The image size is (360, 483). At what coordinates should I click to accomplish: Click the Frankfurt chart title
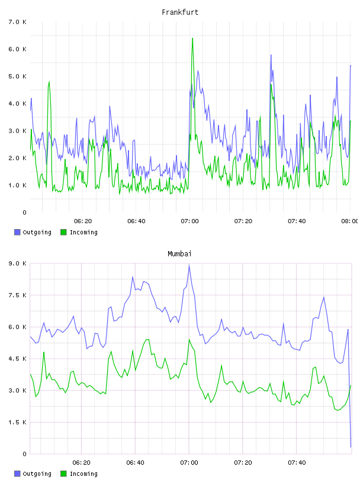tap(180, 12)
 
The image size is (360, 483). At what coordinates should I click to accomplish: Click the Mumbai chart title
tap(179, 254)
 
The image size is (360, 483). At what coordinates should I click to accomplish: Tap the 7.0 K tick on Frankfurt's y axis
tap(17, 22)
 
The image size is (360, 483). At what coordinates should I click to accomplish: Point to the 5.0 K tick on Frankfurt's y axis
tap(17, 76)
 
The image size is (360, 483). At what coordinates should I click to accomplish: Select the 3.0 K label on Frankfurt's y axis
tap(17, 131)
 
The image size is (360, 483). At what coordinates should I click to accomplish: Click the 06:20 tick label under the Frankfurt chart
tap(83, 221)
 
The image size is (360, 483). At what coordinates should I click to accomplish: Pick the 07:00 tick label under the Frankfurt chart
tap(190, 221)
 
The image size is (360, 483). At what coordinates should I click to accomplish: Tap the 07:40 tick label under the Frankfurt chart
tap(297, 221)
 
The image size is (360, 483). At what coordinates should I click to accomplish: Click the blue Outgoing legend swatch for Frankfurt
tap(17, 232)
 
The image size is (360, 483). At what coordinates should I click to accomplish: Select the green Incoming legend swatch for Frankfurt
tap(63, 232)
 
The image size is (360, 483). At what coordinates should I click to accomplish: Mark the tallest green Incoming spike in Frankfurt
tap(192, 38)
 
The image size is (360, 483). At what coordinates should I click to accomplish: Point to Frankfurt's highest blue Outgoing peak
tap(271, 55)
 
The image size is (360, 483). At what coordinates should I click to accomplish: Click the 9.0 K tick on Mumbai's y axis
tap(17, 263)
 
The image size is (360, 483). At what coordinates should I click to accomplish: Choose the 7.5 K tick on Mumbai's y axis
tap(17, 295)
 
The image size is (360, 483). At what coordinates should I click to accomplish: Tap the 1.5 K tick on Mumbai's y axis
tap(17, 422)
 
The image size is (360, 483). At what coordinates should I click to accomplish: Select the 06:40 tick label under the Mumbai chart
tap(136, 463)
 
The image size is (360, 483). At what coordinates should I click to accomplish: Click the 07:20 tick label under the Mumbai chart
tap(243, 463)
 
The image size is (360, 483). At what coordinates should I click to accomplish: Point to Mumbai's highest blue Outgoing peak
tap(189, 265)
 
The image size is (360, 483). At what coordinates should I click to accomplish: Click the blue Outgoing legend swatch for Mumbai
tap(17, 474)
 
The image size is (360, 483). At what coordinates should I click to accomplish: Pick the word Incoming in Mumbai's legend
tap(83, 474)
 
